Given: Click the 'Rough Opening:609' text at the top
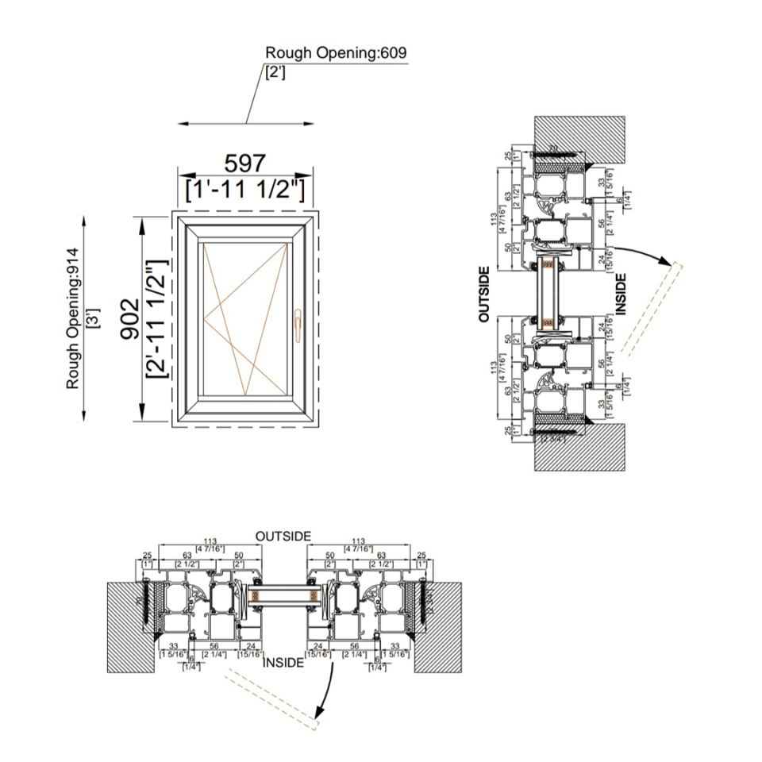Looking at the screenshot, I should [336, 53].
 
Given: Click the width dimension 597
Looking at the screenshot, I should [244, 164].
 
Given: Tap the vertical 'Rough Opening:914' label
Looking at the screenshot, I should [73, 317].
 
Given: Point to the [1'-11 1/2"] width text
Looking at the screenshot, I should [244, 190].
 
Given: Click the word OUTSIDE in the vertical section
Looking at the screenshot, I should [484, 294].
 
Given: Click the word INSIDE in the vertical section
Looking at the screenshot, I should [621, 294].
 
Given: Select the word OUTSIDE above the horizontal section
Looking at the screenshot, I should [283, 537].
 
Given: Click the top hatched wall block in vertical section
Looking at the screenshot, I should [581, 137].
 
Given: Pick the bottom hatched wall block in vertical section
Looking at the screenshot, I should [581, 445].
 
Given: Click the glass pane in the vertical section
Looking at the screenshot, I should [548, 293].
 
